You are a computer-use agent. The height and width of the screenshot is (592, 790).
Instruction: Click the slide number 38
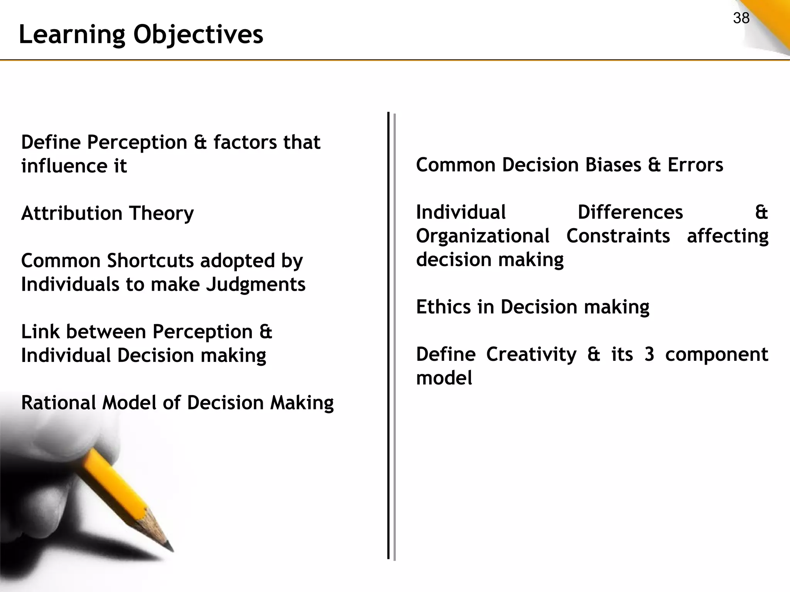pyautogui.click(x=741, y=18)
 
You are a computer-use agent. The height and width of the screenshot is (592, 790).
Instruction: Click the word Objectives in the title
pyautogui.click(x=198, y=35)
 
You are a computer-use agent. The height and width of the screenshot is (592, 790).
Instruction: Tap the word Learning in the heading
pyautogui.click(x=72, y=35)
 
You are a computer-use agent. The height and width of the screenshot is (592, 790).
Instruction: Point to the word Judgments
pyautogui.click(x=255, y=285)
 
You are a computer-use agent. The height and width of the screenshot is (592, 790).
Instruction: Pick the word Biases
pyautogui.click(x=613, y=165)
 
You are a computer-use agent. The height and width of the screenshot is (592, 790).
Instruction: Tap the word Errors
pyautogui.click(x=695, y=165)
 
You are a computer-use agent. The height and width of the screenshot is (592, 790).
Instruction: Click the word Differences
pyautogui.click(x=630, y=212)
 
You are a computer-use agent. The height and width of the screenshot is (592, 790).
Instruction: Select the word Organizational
pyautogui.click(x=483, y=236)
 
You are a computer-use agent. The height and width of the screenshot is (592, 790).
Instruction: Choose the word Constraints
pyautogui.click(x=618, y=236)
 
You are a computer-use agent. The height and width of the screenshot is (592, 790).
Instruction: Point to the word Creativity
pyautogui.click(x=531, y=355)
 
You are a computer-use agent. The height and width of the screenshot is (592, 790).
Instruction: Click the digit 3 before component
pyautogui.click(x=649, y=355)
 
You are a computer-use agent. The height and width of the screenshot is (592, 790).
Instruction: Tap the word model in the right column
pyautogui.click(x=444, y=378)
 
